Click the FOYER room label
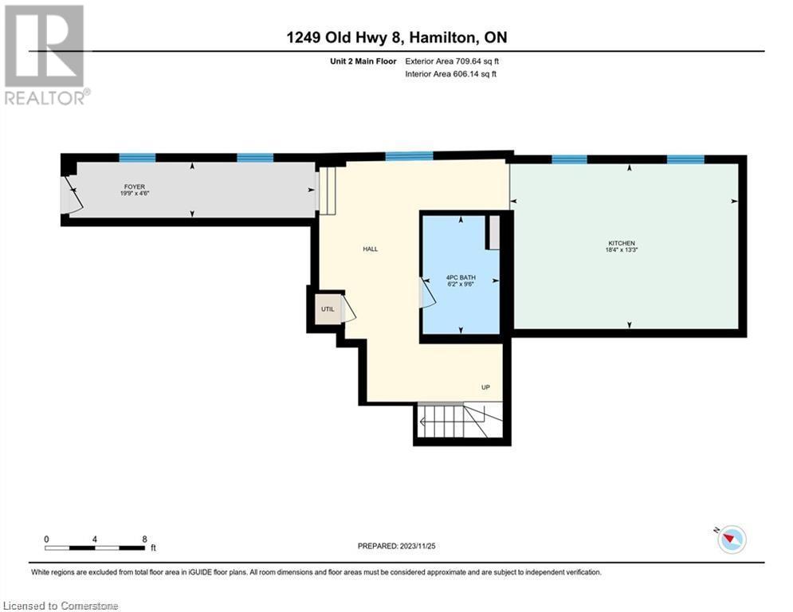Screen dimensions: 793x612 [135, 186]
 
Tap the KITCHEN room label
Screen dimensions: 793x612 [622, 243]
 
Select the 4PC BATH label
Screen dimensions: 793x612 [461, 277]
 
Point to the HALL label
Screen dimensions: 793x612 [371, 249]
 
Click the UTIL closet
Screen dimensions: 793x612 [328, 309]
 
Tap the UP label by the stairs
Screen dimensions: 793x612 [485, 387]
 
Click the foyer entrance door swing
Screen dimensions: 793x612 [71, 195]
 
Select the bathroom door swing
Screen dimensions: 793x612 [428, 292]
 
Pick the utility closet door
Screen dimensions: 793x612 [348, 309]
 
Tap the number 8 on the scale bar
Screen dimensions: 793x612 [144, 539]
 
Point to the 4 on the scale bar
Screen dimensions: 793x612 [95, 539]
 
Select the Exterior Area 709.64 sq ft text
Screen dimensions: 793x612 [452, 61]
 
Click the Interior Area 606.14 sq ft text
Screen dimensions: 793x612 [450, 74]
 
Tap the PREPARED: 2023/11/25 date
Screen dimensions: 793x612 [397, 546]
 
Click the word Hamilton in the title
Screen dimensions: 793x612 [442, 37]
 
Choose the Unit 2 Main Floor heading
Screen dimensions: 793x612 [363, 61]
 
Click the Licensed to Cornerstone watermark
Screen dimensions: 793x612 [61, 606]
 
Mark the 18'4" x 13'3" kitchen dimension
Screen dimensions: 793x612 [622, 250]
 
